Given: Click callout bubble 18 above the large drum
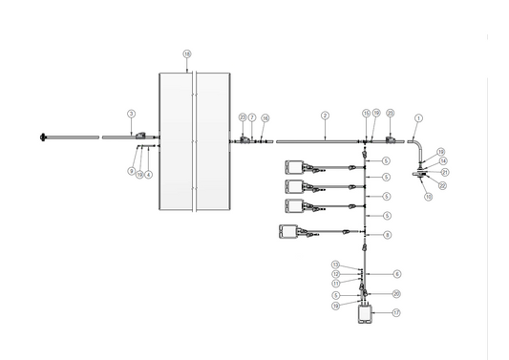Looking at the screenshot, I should (186, 53).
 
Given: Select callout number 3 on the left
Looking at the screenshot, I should (131, 113).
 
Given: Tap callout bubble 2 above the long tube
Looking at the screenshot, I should (325, 115).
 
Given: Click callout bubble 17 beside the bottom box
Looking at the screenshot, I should (396, 312).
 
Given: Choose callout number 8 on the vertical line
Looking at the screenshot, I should (387, 234).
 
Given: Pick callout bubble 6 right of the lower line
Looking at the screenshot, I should (396, 273).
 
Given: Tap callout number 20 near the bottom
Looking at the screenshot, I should (396, 294).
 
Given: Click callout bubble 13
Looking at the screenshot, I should (335, 264).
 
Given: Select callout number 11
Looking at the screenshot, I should (335, 283).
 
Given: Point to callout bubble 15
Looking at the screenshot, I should (366, 114).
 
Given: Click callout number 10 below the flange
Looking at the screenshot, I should (428, 196).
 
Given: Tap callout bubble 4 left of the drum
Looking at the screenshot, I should (149, 175).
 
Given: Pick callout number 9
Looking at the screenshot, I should (131, 170).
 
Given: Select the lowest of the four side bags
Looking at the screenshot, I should (287, 230).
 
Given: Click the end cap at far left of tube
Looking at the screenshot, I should (44, 138).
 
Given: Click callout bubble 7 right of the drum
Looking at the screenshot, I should (252, 116).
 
